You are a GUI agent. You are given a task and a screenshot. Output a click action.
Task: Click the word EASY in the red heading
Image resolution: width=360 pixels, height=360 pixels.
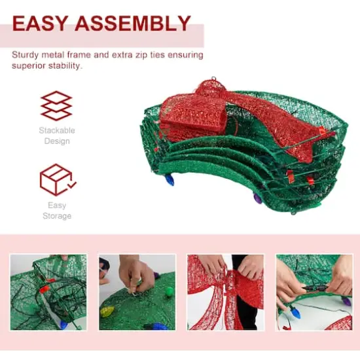pos(41,24)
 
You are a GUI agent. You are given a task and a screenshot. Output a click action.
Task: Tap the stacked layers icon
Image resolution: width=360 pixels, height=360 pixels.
pos(56,106)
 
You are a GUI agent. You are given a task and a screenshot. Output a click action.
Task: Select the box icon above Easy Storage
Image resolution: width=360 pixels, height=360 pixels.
pos(56,180)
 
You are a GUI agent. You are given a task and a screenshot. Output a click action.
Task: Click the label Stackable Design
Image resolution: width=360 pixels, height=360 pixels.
pos(57,135)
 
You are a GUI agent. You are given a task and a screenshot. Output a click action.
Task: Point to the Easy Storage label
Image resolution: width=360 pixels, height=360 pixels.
pos(57,210)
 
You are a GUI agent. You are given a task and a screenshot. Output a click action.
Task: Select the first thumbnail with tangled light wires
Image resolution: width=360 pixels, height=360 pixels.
pos(48,292)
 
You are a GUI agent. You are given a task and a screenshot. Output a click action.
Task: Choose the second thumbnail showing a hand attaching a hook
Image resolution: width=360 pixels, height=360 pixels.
pos(137,292)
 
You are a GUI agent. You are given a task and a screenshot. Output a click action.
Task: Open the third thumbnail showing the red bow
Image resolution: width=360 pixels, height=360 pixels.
pos(226,292)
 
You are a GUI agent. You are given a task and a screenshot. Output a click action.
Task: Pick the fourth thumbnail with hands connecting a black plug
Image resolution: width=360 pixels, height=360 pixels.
pos(314,292)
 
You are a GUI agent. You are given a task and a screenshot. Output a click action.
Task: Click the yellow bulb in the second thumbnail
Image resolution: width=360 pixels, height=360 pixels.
pos(107,311)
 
